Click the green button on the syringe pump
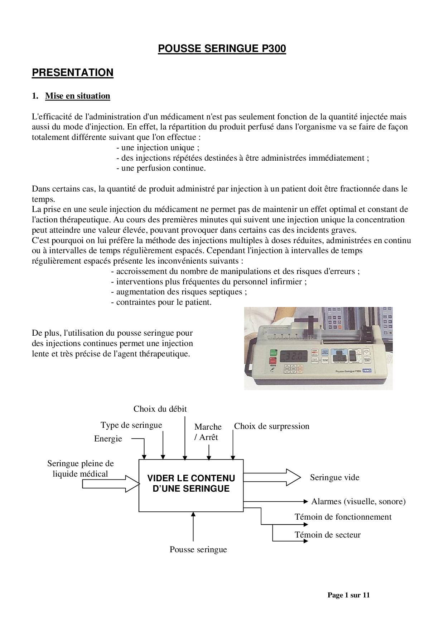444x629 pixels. tap(274, 353)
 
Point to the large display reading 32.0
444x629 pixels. tap(293, 356)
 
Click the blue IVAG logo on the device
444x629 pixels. tap(367, 370)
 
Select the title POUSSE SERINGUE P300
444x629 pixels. tap(222, 49)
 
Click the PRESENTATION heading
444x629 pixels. tap(73, 72)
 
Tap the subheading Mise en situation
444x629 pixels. tap(78, 96)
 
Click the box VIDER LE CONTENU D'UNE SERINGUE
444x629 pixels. tap(191, 483)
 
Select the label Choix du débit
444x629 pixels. tap(160, 409)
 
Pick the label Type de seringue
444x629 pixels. tap(131, 425)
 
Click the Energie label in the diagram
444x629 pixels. tap(108, 439)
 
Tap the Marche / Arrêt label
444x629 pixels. tap(208, 432)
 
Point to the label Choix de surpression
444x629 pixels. tap(271, 426)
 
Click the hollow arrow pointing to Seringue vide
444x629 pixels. tap(272, 477)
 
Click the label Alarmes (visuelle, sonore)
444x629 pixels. tap(358, 501)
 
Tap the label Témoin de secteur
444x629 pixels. tap(327, 535)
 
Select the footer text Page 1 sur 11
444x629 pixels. tap(348, 595)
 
